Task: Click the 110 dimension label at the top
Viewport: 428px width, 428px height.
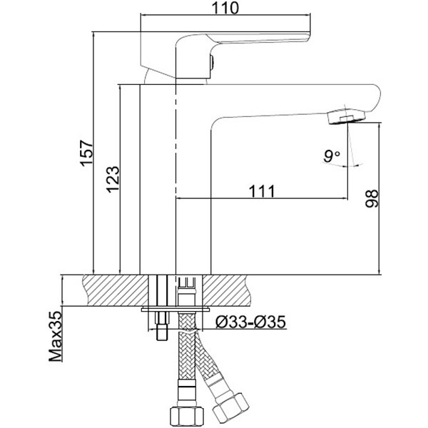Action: tap(225, 8)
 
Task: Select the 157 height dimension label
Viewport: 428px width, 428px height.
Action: tap(87, 153)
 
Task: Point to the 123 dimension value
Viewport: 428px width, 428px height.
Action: tap(113, 179)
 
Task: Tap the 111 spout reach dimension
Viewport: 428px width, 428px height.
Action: tap(262, 191)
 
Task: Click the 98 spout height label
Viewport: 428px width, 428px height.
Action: tap(372, 198)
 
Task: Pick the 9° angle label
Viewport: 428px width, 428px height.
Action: tap(332, 156)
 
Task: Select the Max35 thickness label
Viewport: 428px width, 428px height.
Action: tap(56, 337)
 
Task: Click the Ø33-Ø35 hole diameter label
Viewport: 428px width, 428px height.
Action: tap(250, 322)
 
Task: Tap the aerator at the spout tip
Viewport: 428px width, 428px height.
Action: tap(346, 116)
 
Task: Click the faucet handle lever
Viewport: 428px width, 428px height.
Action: tap(243, 41)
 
